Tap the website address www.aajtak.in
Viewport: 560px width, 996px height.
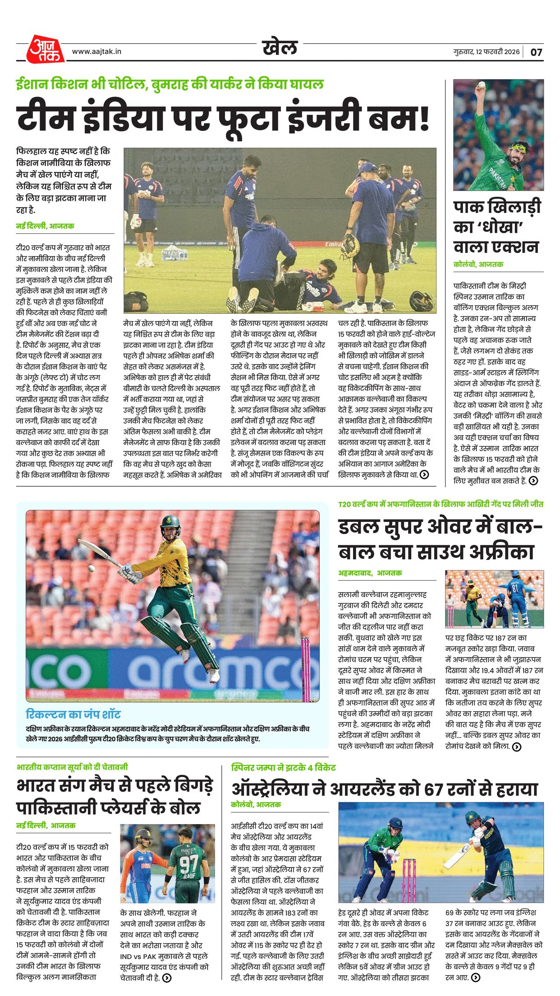coord(96,51)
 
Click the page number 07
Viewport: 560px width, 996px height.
coord(536,52)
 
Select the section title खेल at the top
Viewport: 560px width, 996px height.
coord(280,47)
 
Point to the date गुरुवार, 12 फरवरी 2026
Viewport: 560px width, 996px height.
coord(487,51)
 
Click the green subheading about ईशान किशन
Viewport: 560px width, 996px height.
coord(170,84)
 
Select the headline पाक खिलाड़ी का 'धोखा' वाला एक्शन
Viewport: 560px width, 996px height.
coord(496,227)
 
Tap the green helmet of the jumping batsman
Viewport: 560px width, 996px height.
coord(170,524)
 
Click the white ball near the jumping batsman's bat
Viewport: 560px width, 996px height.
coord(92,568)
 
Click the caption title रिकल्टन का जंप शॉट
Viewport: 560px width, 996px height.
coord(73,714)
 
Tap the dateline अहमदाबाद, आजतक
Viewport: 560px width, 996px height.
coord(370,573)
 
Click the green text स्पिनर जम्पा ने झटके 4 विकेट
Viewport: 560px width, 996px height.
coord(283,767)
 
